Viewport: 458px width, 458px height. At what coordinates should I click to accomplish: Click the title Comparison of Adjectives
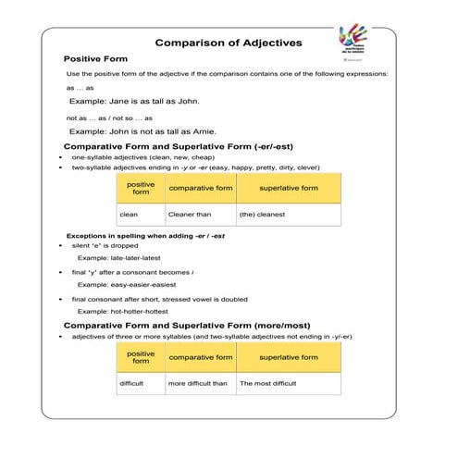point(228,43)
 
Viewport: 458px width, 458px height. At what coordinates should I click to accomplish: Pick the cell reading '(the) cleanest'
point(263,215)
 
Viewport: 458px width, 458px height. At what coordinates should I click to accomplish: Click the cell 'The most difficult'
point(268,382)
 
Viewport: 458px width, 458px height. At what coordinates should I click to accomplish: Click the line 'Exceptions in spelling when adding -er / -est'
point(145,235)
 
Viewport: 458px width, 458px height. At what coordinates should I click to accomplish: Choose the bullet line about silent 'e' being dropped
point(105,246)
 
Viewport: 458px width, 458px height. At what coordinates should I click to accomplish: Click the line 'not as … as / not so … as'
point(109,118)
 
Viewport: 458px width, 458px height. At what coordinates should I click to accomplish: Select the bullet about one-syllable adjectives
point(140,157)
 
